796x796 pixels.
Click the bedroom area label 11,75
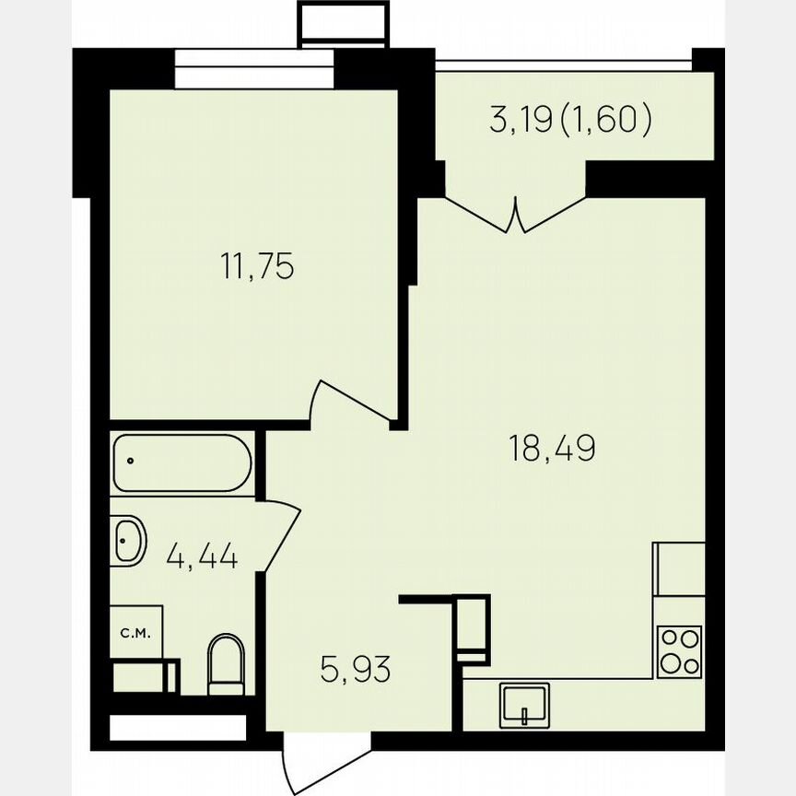pos(257,267)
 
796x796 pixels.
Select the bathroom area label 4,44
pos(203,556)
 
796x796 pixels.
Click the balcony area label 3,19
pos(522,120)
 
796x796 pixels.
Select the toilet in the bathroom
pos(226,663)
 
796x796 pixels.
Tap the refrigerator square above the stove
pos(679,569)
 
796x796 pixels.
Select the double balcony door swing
pos(515,214)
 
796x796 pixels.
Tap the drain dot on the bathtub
pos(132,460)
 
